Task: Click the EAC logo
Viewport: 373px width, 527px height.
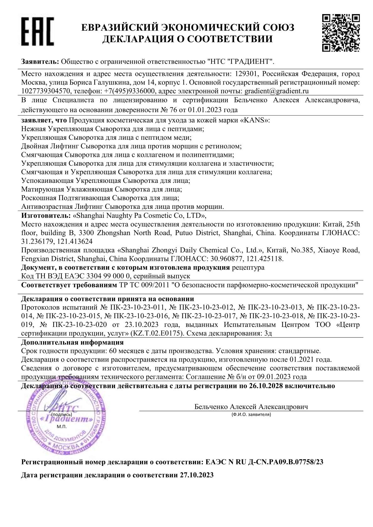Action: click(37, 31)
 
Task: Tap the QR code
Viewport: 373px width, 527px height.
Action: click(341, 32)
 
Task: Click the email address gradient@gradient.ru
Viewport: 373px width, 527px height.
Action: click(276, 91)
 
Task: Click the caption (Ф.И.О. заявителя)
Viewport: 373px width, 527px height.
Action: click(251, 415)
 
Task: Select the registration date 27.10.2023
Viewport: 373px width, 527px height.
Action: click(197, 475)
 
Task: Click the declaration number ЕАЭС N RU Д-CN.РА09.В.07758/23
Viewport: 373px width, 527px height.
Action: click(264, 462)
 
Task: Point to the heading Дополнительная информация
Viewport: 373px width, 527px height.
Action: click(72, 342)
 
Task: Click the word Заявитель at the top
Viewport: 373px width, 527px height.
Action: click(40, 61)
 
